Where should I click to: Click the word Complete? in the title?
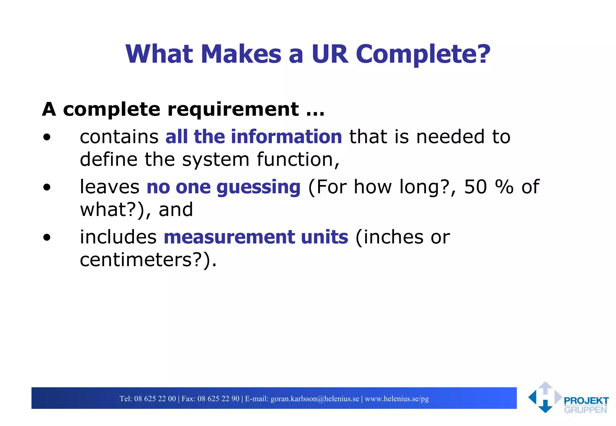[423, 54]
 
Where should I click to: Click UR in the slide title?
[330, 54]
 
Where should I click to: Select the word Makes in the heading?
[241, 54]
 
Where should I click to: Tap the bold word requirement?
[233, 109]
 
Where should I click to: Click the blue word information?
[286, 137]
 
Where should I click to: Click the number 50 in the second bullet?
[475, 187]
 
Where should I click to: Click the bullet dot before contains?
[47, 138]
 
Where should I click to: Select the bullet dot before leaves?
[47, 188]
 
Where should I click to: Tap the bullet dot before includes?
[47, 238]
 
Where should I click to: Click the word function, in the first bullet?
[298, 160]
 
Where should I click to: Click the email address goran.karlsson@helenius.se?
[315, 399]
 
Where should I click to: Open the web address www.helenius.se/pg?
[397, 399]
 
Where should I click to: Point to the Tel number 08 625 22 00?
[155, 399]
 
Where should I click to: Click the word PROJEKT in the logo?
[586, 401]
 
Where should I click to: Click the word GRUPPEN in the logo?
[585, 410]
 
